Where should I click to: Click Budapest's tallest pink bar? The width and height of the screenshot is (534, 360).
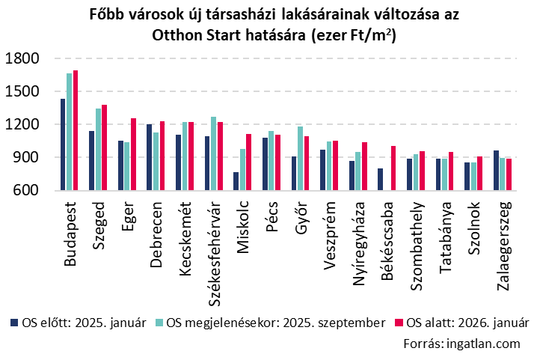[76, 130]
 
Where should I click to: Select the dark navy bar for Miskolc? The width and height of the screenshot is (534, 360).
[236, 181]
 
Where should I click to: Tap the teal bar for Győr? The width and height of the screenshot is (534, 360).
[301, 159]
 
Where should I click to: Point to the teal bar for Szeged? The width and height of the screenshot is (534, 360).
[98, 150]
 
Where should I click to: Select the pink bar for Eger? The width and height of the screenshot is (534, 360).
[133, 154]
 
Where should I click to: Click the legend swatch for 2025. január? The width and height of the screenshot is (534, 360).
[13, 323]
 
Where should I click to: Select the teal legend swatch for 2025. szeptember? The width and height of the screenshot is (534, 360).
[160, 323]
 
